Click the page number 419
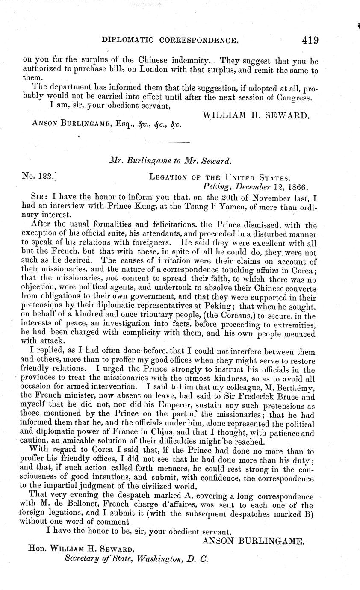pyautogui.click(x=310, y=41)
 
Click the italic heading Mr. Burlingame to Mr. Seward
pyautogui.click(x=170, y=161)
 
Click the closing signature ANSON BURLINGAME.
pyautogui.click(x=252, y=541)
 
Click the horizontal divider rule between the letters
pyautogui.click(x=168, y=142)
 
